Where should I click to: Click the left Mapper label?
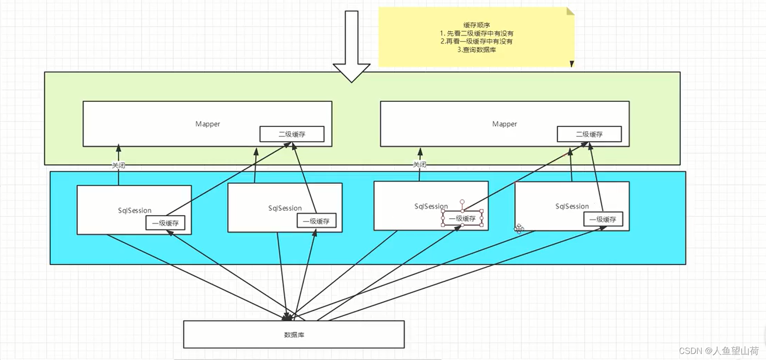[208, 124]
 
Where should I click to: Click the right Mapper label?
[504, 124]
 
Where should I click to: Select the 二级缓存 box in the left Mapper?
[292, 134]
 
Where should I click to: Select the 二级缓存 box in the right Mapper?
[589, 134]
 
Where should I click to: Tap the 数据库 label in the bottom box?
[294, 335]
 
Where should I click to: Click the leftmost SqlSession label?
[134, 211]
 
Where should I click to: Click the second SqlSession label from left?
[285, 208]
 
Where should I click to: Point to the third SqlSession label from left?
[431, 206]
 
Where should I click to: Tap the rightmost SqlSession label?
[572, 206]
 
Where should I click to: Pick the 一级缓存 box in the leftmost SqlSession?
[165, 223]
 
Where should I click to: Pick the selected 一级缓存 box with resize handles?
[462, 219]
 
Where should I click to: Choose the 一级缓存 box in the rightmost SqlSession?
[603, 220]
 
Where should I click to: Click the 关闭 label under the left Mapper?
[118, 165]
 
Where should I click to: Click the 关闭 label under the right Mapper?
[419, 164]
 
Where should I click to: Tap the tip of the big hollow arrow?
[351, 81]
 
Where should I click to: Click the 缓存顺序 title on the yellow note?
[477, 25]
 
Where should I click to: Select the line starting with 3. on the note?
[477, 50]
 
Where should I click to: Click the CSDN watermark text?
[719, 351]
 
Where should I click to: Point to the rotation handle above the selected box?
[462, 202]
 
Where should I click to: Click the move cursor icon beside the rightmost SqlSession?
[519, 228]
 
